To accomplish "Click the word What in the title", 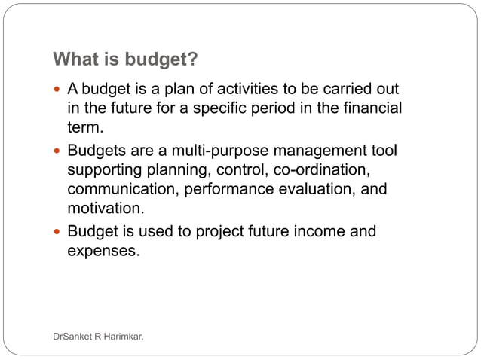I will pyautogui.click(x=74, y=59).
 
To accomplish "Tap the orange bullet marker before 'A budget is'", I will pyautogui.click(x=58, y=90).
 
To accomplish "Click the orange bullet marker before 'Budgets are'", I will pyautogui.click(x=58, y=151).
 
